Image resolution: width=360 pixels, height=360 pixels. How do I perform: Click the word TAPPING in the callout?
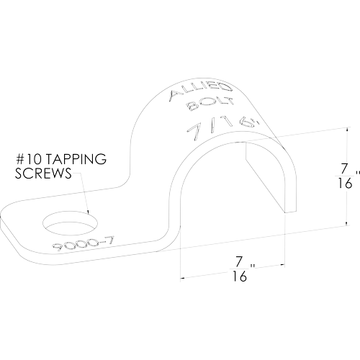[76, 159]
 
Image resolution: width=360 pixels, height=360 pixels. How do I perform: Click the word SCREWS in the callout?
[43, 173]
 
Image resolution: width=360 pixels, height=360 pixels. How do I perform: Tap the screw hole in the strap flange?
[71, 223]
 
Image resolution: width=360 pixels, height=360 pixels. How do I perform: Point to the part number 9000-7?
[83, 243]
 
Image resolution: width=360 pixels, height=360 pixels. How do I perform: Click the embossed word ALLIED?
[201, 91]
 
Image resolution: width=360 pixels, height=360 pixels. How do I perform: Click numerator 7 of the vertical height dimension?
[344, 168]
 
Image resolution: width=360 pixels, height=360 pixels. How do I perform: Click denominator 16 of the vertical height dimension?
[345, 184]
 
